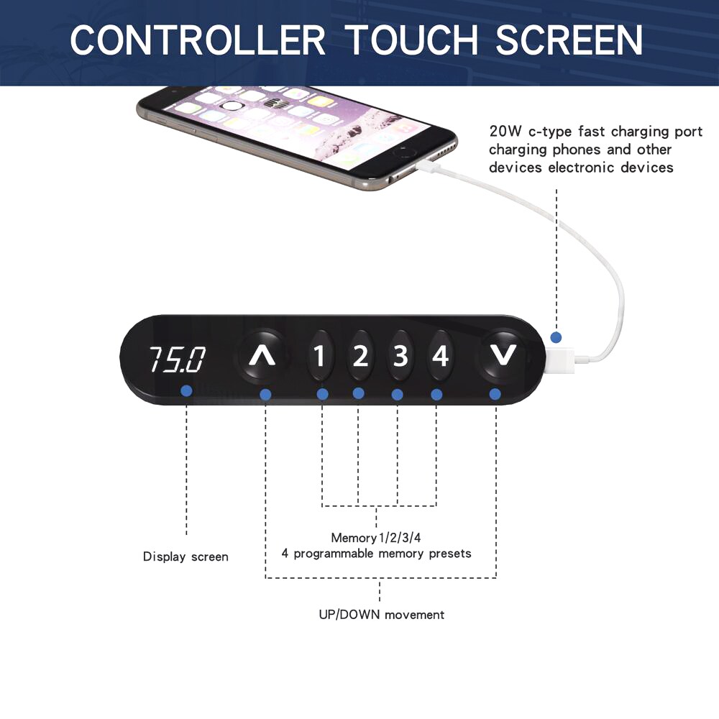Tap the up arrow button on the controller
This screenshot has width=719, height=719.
(262, 356)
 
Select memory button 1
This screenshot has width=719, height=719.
(319, 356)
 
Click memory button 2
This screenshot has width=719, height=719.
(360, 356)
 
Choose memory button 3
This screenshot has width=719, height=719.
(400, 356)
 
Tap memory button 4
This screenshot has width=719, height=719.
(440, 356)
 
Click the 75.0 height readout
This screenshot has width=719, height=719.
(177, 359)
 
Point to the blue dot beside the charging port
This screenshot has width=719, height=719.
(557, 337)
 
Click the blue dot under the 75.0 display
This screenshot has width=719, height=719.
(186, 391)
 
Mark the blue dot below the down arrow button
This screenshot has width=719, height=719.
(495, 394)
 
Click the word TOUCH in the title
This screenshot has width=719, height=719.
(411, 40)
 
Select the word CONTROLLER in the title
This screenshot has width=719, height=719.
(198, 40)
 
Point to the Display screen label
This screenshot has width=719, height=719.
(186, 557)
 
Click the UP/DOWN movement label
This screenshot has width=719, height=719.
(382, 615)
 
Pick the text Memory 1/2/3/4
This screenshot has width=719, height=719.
(376, 537)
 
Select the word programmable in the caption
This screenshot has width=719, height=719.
(334, 554)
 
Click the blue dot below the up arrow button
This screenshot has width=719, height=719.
(265, 394)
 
